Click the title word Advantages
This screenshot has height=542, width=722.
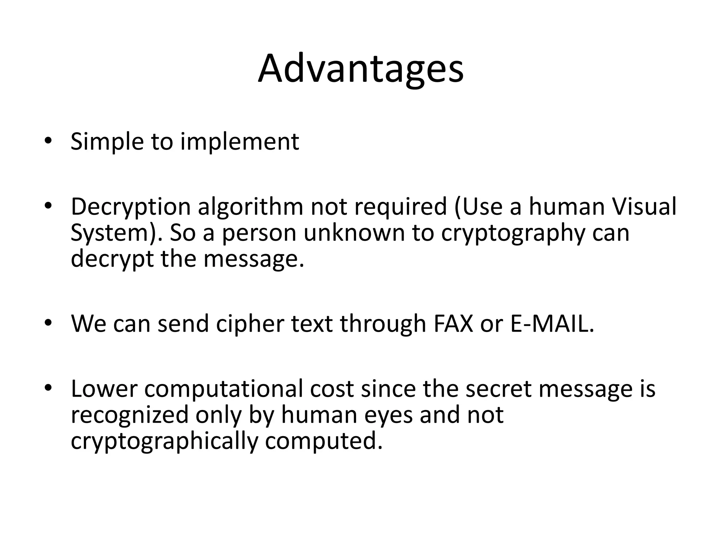(360, 69)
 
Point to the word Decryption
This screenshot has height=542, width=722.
(130, 207)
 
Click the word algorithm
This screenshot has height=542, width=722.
(250, 207)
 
